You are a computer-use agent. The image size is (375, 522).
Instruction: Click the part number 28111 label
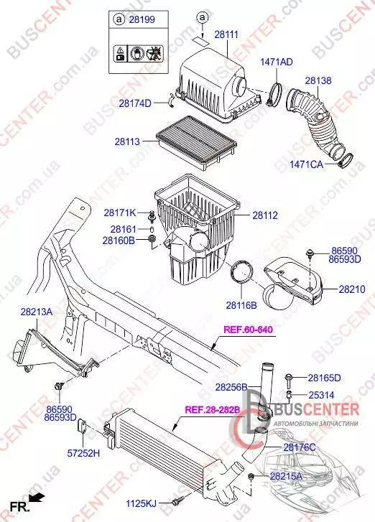[226, 34]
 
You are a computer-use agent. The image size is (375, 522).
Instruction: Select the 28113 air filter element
[197, 141]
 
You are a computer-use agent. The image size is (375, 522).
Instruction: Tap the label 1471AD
[277, 62]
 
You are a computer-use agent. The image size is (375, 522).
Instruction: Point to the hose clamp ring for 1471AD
[275, 94]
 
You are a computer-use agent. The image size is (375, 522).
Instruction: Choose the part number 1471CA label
[307, 164]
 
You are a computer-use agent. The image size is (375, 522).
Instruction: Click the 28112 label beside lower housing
[265, 215]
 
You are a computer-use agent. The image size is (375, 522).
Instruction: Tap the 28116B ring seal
[242, 274]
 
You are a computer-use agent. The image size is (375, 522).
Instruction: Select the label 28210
[352, 289]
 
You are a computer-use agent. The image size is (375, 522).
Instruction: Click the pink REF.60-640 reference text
[248, 330]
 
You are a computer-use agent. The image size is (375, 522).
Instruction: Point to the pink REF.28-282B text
[213, 409]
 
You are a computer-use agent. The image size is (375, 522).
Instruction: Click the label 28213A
[37, 312]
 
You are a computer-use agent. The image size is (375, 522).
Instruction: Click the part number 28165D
[325, 378]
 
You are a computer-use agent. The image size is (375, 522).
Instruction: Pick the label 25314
[321, 395]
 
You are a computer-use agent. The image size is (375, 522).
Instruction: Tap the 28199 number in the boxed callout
[142, 19]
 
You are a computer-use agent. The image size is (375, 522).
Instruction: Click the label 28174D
[135, 103]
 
